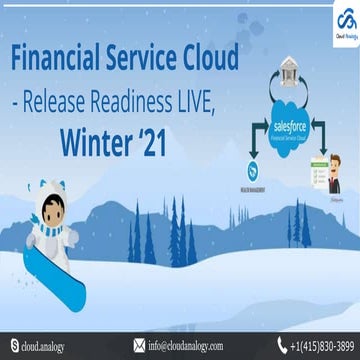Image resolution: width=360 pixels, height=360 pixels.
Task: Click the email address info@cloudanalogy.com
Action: click(x=190, y=346)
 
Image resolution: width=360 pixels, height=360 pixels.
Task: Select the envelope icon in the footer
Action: click(x=138, y=346)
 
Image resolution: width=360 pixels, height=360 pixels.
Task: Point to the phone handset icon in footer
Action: click(x=267, y=346)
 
